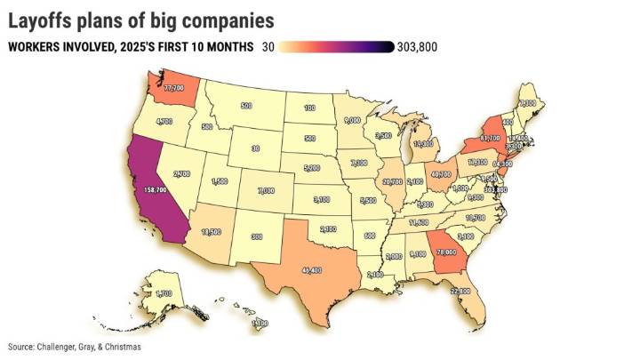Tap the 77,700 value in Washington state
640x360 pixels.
167,88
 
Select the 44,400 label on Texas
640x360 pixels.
312,269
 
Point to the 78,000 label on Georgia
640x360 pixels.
445,252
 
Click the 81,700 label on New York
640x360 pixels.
492,139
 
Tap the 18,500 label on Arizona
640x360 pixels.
211,231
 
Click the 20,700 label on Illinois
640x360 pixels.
392,181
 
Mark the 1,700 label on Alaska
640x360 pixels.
163,293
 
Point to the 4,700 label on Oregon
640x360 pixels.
164,121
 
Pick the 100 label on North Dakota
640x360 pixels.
308,108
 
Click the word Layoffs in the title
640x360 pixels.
46,19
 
